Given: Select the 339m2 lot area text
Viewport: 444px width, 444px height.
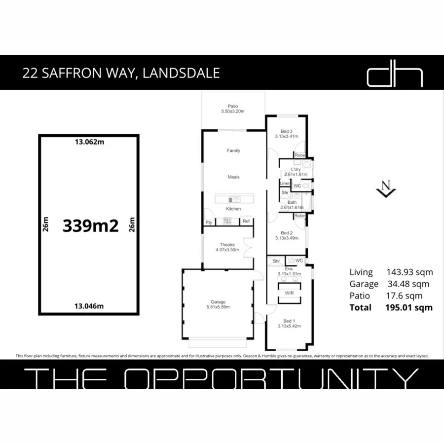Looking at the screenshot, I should coord(91,226).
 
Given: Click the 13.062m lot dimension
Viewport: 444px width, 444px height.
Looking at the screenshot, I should coord(89,142).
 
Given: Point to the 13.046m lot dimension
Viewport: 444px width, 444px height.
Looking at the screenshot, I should coord(89,306).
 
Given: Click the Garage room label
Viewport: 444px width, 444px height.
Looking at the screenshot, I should coord(218,302).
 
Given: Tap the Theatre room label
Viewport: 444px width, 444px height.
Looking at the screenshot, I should coord(227,245).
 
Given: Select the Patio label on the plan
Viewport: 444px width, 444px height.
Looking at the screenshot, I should coord(233,106).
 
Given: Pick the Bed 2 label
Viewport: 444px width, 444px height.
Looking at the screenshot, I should coord(287,233).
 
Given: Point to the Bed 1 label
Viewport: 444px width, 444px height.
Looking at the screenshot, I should coord(289,320).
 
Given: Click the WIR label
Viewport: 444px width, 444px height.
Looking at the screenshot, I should coord(290,293).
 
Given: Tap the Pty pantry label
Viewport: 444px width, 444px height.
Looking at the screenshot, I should coord(209,222).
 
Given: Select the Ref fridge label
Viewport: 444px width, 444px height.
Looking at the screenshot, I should coord(246,222).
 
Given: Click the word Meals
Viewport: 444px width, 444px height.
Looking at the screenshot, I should coord(233,177).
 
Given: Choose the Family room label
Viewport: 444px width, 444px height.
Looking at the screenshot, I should coord(233,150).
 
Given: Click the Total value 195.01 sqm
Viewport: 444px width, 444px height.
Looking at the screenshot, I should coord(408,307).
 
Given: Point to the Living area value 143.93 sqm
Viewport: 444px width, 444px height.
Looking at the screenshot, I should coord(409,272).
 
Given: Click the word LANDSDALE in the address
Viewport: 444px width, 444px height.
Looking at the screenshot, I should coord(181,74).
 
